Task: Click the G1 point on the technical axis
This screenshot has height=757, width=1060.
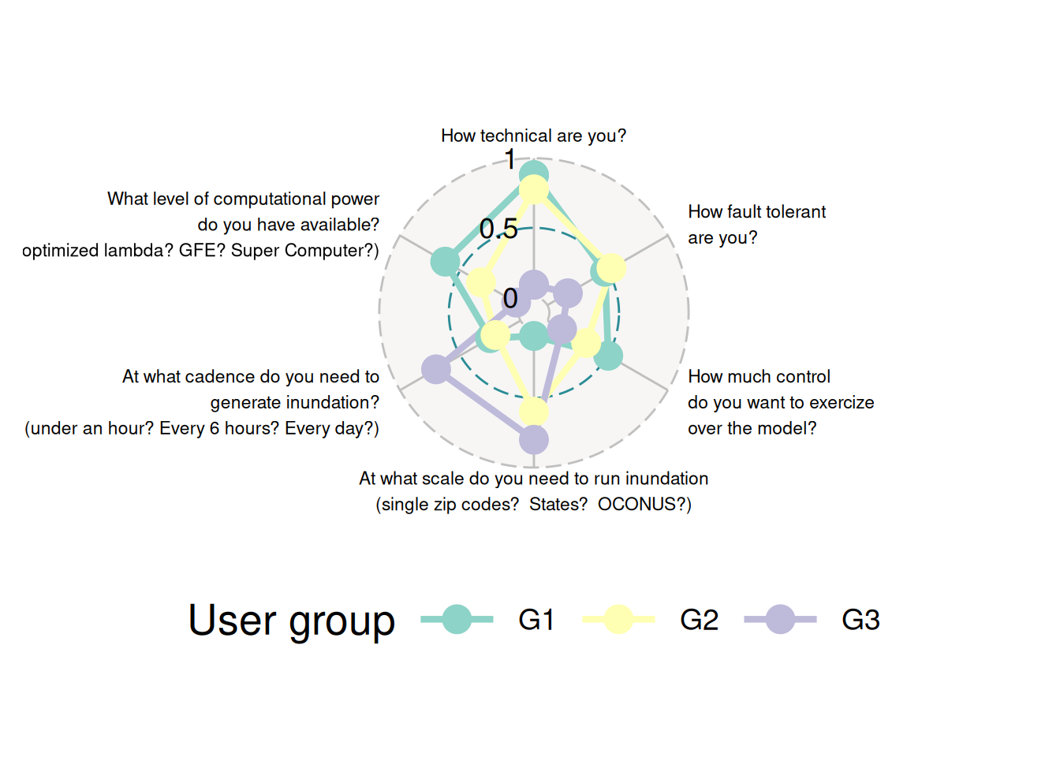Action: click(534, 174)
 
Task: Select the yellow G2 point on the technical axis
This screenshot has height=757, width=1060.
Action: click(534, 190)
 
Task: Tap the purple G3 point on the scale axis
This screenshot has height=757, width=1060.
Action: click(534, 440)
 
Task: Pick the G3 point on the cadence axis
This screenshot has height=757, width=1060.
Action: click(436, 369)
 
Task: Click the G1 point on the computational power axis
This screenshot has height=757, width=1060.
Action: click(446, 261)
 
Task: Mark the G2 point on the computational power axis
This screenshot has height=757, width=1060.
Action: click(481, 282)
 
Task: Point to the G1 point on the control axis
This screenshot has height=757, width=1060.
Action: click(608, 356)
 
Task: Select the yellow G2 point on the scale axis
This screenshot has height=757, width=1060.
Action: click(534, 411)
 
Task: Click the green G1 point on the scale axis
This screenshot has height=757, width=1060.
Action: click(534, 337)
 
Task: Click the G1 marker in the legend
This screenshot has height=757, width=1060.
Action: click(457, 619)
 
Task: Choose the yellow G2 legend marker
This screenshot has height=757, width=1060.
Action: click(618, 619)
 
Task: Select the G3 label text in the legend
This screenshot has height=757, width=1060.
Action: click(860, 620)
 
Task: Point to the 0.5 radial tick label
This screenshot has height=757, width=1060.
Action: click(498, 229)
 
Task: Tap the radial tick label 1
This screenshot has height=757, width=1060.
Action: click(510, 159)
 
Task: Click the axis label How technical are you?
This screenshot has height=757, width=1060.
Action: click(534, 136)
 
